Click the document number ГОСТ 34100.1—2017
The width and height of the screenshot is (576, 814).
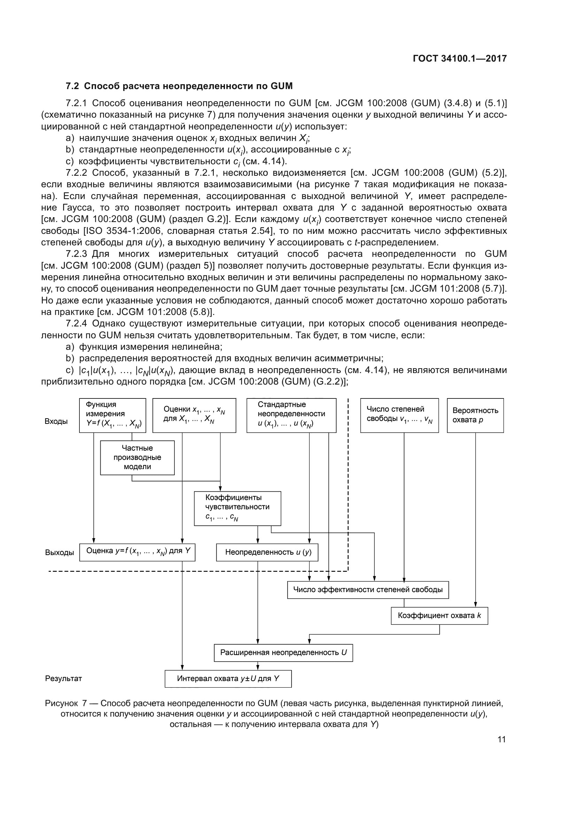(x=460, y=58)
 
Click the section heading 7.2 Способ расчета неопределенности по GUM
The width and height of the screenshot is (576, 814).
(x=179, y=86)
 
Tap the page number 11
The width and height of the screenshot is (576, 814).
(x=501, y=739)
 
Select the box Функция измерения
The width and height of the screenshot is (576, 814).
(x=112, y=415)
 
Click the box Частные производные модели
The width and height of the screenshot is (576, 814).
(x=137, y=457)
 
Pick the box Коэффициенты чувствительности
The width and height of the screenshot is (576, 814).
(x=237, y=508)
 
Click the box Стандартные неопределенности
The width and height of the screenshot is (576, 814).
(x=291, y=415)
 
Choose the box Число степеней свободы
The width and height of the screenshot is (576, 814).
(x=399, y=415)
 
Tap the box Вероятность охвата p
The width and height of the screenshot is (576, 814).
(x=475, y=415)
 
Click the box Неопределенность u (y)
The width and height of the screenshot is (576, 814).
(x=267, y=552)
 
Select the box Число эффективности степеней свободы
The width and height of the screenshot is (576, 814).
(x=368, y=590)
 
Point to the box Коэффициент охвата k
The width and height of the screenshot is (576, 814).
(x=439, y=616)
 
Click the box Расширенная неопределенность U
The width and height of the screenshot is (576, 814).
(x=283, y=653)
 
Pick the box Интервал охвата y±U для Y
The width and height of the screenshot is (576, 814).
(x=228, y=679)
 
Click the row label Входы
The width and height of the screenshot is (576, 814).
(x=56, y=421)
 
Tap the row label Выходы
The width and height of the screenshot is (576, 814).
(x=59, y=553)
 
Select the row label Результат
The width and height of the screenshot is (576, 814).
(x=63, y=679)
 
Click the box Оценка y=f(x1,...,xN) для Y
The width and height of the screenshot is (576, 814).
(x=137, y=552)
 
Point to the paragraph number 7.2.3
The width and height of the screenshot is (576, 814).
(x=76, y=254)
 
